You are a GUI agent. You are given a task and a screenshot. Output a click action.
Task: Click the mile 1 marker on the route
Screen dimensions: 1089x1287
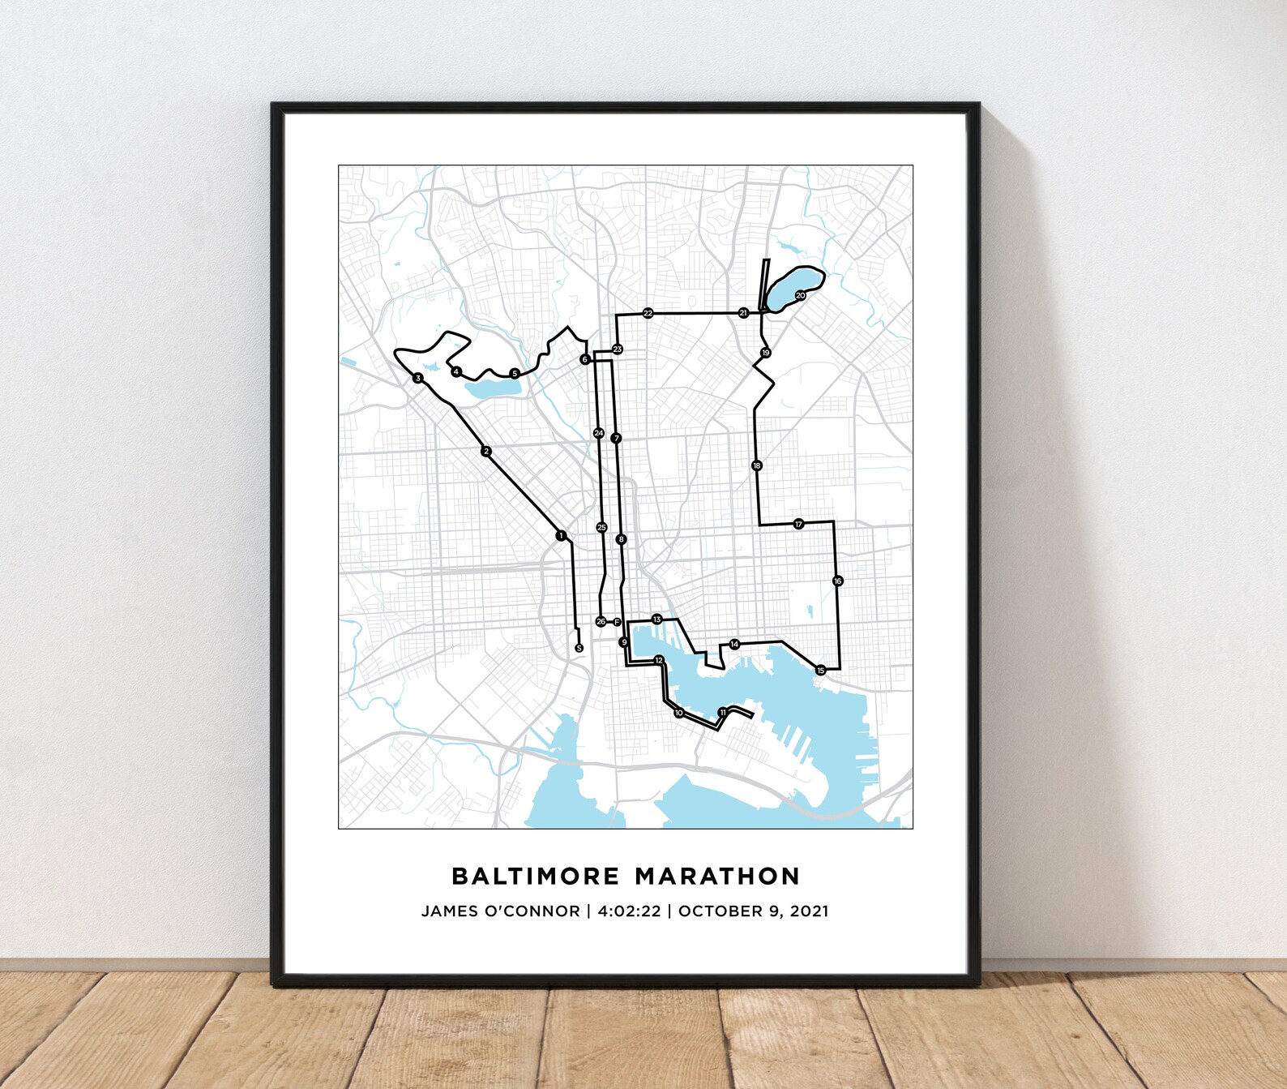click(x=560, y=535)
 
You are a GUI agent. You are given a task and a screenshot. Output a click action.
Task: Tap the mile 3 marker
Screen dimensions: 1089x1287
click(x=417, y=378)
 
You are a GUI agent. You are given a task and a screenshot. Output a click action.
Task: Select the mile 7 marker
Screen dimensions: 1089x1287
click(x=617, y=438)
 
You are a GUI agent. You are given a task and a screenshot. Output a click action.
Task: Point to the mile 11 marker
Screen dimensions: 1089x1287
click(x=722, y=712)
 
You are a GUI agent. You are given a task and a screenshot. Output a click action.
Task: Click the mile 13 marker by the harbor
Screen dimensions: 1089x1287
click(x=656, y=620)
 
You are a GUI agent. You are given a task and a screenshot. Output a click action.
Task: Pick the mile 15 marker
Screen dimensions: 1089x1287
click(x=820, y=671)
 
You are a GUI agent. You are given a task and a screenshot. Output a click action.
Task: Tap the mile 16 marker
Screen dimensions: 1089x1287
click(x=837, y=581)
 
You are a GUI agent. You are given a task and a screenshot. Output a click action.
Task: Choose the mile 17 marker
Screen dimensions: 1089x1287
click(x=798, y=524)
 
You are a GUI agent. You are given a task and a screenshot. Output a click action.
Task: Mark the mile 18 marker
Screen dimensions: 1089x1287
click(x=756, y=465)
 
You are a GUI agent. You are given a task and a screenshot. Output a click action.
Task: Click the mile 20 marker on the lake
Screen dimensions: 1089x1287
click(x=800, y=295)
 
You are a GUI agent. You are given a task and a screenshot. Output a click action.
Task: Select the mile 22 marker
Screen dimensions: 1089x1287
click(x=648, y=313)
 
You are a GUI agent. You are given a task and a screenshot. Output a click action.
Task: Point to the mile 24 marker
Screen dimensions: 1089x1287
click(x=598, y=433)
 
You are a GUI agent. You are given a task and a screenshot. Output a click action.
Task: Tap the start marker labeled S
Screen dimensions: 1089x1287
click(x=578, y=648)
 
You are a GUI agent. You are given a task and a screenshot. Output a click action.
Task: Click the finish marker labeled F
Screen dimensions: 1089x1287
click(x=617, y=622)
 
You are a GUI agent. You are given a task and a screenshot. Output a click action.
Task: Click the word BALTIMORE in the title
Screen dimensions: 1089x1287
click(x=535, y=876)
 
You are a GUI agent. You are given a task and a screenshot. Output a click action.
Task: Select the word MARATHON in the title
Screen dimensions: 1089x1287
click(x=717, y=876)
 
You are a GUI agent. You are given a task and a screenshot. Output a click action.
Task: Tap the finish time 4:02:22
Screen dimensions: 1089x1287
click(x=629, y=911)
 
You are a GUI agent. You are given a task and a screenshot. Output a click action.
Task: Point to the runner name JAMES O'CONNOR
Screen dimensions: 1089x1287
click(x=500, y=911)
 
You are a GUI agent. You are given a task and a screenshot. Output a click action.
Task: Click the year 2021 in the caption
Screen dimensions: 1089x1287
click(x=809, y=911)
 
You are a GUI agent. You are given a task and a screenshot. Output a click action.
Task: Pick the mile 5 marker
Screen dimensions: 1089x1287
click(x=514, y=373)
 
